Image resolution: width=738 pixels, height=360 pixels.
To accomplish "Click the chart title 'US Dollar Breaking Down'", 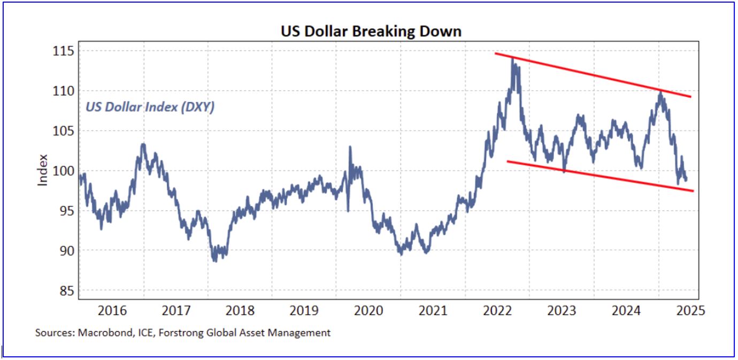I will pos(371,32).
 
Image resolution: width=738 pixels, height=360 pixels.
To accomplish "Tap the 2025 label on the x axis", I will pos(690,311).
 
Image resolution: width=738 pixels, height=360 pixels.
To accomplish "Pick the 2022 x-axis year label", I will pos(497,311).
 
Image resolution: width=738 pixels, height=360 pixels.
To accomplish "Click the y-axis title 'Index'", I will pos(43,170).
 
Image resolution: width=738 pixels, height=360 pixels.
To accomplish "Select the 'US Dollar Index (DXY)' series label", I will pos(150,108).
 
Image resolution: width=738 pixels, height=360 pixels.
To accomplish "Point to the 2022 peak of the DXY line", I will pos(513,58).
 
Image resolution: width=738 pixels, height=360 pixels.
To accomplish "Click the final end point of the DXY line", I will pos(687,179).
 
